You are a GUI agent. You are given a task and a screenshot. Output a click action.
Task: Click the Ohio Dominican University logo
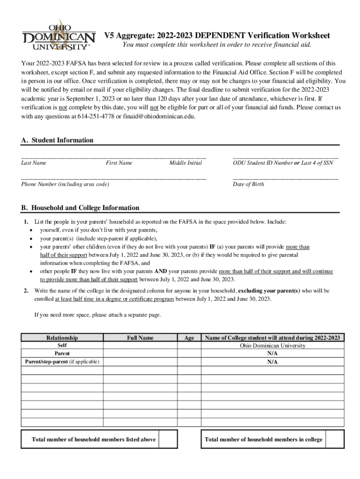tap(58, 36)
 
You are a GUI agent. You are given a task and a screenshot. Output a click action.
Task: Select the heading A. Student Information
tap(58, 140)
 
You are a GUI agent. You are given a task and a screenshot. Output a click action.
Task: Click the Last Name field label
tap(34, 163)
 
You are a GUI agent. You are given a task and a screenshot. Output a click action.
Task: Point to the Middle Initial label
tap(186, 163)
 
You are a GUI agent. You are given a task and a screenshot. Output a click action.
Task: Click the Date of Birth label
tap(248, 184)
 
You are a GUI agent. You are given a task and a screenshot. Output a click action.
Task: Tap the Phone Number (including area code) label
tap(65, 184)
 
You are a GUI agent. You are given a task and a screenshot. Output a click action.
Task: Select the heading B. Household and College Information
tap(80, 208)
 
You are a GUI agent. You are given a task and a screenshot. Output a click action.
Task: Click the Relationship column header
tap(62, 338)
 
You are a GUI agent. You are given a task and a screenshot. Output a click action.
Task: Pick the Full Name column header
tap(140, 338)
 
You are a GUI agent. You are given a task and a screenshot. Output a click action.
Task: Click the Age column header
tap(189, 338)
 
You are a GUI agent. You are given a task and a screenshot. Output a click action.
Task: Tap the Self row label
tap(62, 345)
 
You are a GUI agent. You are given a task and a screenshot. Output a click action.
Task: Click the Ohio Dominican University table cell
tap(272, 346)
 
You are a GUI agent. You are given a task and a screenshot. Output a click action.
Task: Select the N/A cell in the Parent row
tap(272, 354)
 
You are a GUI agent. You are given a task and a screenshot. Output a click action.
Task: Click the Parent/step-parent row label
tap(62, 362)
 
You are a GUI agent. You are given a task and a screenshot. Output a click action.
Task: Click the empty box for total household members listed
tap(168, 439)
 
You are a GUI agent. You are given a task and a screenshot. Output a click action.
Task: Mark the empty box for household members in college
tap(335, 439)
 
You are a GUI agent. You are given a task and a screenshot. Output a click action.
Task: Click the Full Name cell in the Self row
tap(140, 346)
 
